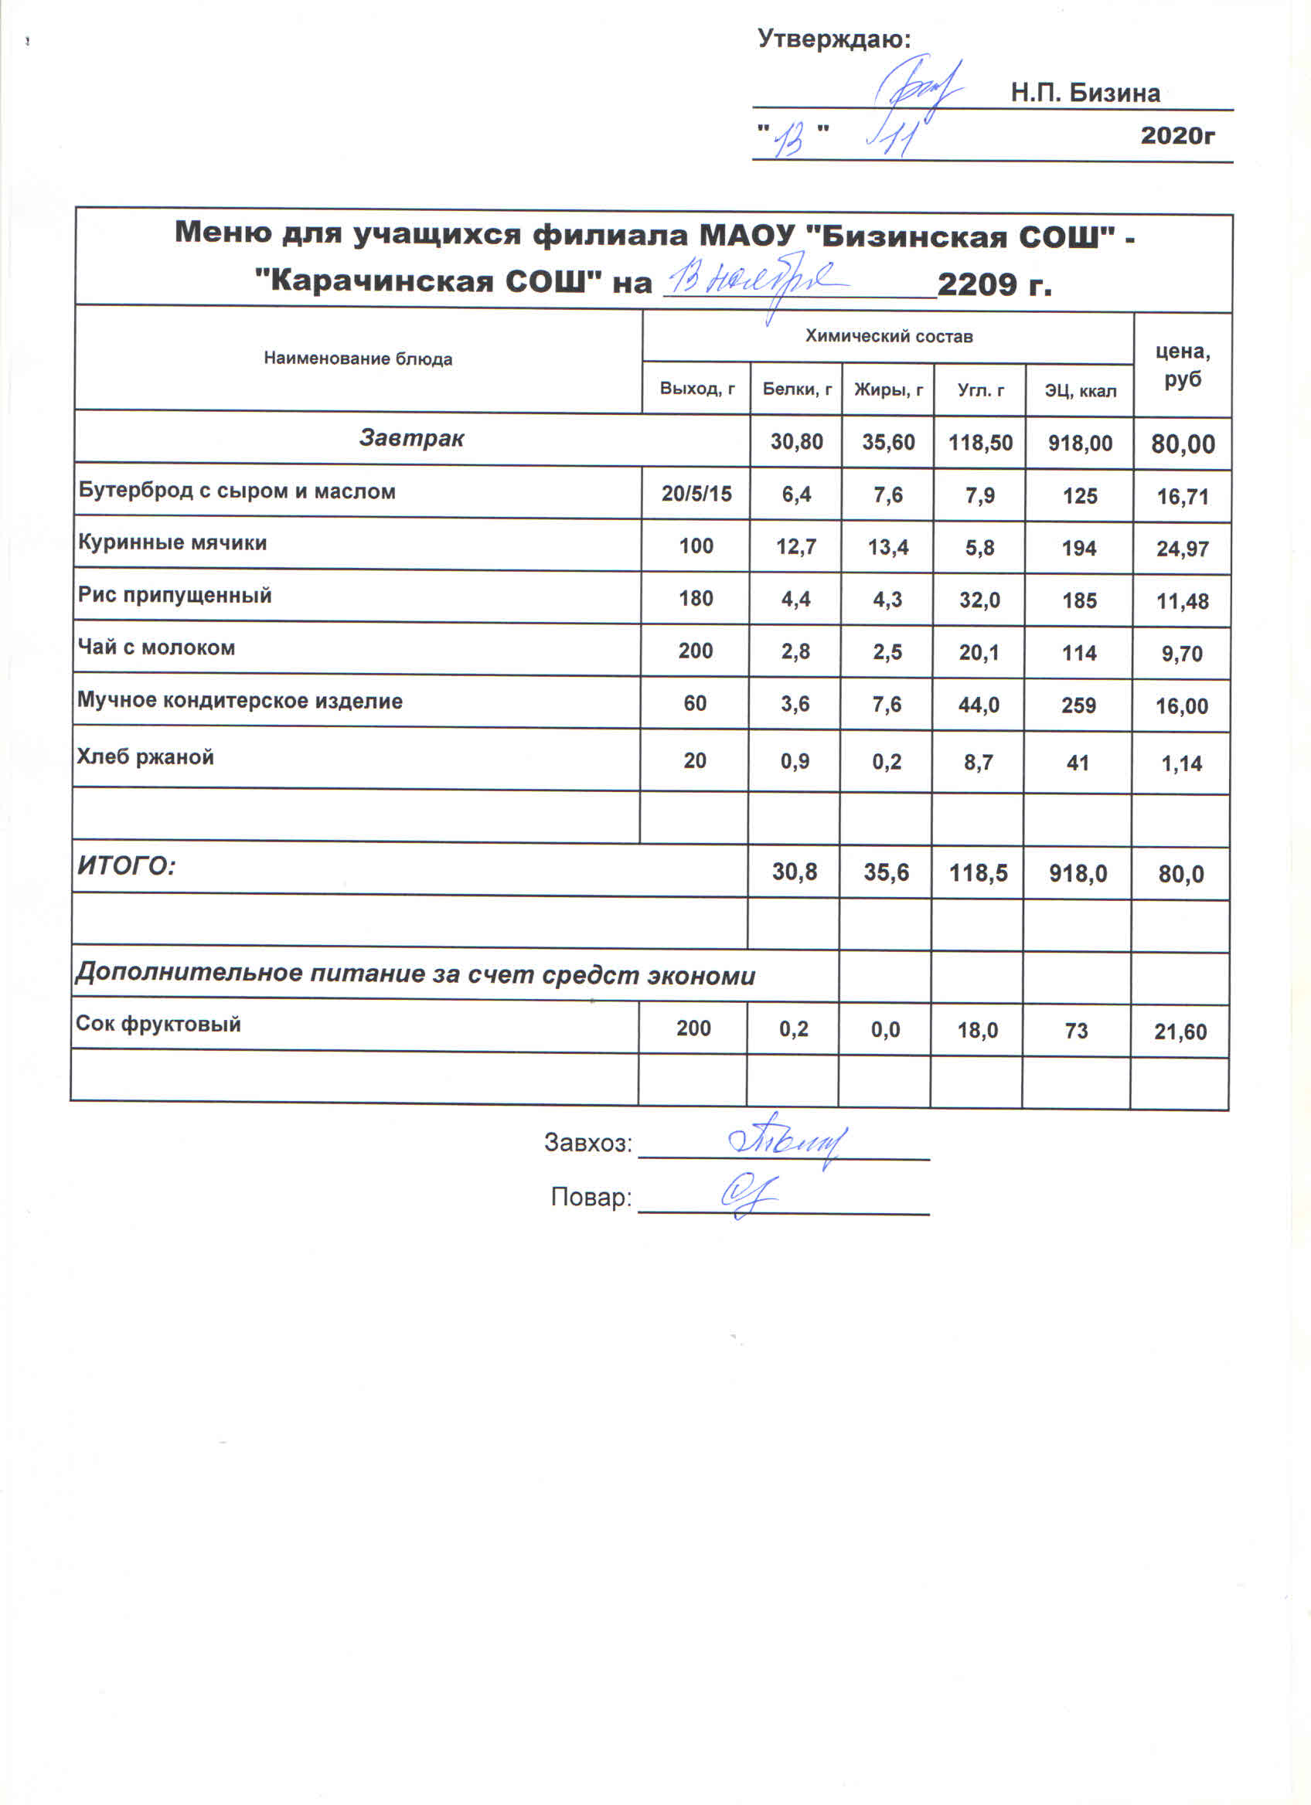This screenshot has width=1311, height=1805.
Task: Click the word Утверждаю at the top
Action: pyautogui.click(x=833, y=39)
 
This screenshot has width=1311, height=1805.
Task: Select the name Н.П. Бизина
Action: pyautogui.click(x=1085, y=93)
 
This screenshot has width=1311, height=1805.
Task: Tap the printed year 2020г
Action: pyautogui.click(x=1177, y=135)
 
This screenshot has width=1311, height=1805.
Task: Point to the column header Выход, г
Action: pyautogui.click(x=696, y=389)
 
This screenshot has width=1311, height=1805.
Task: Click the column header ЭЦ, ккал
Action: pyautogui.click(x=1079, y=391)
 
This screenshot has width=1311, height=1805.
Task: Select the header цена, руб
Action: pyautogui.click(x=1182, y=365)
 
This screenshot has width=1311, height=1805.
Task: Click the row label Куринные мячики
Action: pyautogui.click(x=172, y=542)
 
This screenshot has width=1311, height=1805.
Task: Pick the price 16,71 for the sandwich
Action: pyautogui.click(x=1182, y=497)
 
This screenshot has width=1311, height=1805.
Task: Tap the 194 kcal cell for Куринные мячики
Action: pyautogui.click(x=1078, y=549)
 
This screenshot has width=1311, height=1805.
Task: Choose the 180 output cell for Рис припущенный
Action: pyautogui.click(x=695, y=599)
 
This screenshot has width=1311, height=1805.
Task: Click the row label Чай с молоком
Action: pyautogui.click(x=156, y=648)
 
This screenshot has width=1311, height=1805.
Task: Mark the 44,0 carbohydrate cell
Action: pyautogui.click(x=979, y=705)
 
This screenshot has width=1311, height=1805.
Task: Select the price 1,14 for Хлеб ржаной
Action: pyautogui.click(x=1181, y=764)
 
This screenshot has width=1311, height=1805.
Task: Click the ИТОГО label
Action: pyautogui.click(x=126, y=866)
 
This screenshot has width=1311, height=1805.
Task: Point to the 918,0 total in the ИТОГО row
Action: pyautogui.click(x=1078, y=874)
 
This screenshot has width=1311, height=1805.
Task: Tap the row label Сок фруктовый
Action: pyautogui.click(x=158, y=1025)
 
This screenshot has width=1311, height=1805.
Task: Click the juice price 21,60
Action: pyautogui.click(x=1180, y=1032)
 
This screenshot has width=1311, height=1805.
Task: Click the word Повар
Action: pyautogui.click(x=591, y=1198)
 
